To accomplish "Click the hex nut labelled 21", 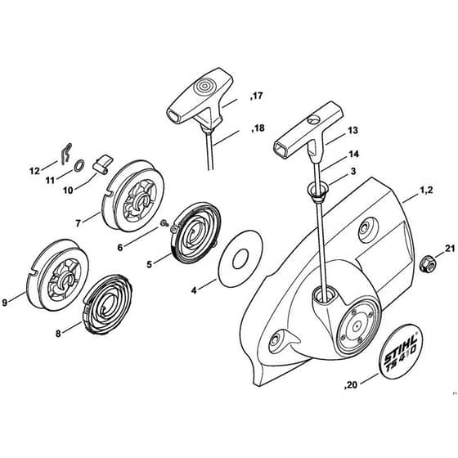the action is coord(427,263).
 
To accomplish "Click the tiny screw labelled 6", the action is coord(164,224).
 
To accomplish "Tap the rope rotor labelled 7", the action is coord(132,195).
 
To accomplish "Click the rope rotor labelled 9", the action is coord(57,275).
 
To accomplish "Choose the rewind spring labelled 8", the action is coord(107,303).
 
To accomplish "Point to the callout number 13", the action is coord(352,130).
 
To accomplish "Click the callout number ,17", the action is coord(256,96).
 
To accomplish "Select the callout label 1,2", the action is coord(426,190).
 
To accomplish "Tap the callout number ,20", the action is coord(351,385).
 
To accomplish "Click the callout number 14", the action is coord(353,154).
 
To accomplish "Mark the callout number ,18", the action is coord(258,128).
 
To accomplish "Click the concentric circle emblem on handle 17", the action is coord(204,86).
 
